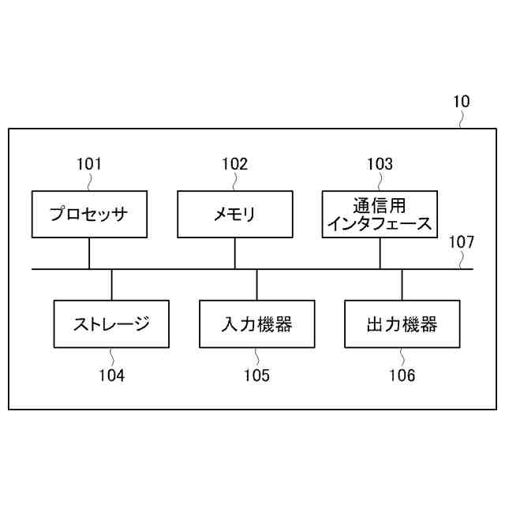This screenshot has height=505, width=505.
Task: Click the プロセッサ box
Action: (88, 214)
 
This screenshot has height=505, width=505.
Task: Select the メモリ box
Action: (234, 214)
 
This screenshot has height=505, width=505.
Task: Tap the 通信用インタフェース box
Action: (380, 214)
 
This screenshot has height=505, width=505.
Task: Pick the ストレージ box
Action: (111, 324)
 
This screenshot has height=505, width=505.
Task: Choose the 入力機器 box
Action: (256, 324)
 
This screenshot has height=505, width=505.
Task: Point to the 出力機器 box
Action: (402, 324)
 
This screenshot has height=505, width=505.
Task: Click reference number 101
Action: (88, 164)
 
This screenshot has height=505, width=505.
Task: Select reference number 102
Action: (234, 164)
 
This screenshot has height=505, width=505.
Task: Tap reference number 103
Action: (380, 164)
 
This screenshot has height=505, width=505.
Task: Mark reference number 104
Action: (111, 376)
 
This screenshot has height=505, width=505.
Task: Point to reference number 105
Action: (256, 376)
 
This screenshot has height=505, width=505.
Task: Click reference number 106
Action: (402, 376)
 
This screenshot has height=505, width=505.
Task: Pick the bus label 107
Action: (462, 243)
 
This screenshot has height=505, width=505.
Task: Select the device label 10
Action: (461, 101)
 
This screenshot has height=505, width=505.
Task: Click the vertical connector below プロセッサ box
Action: (89, 252)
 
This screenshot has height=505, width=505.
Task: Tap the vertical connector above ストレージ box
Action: (111, 284)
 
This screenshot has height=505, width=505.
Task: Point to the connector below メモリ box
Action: (234, 252)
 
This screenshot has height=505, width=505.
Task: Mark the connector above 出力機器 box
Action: (402, 284)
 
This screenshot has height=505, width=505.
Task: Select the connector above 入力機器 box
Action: (256, 284)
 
